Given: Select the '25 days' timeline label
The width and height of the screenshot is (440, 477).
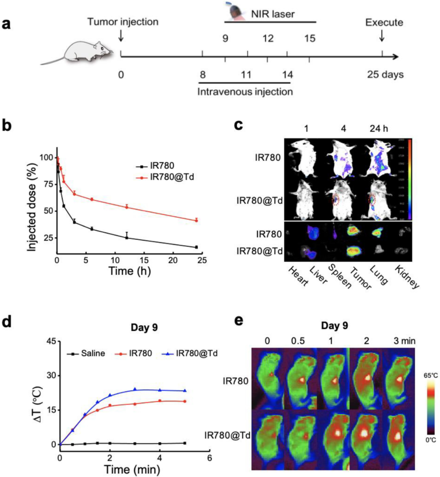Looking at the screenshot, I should coord(383,74).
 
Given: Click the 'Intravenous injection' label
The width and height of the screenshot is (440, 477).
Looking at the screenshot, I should coord(245,92).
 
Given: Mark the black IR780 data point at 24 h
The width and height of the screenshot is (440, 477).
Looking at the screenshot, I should coord(196,247).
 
